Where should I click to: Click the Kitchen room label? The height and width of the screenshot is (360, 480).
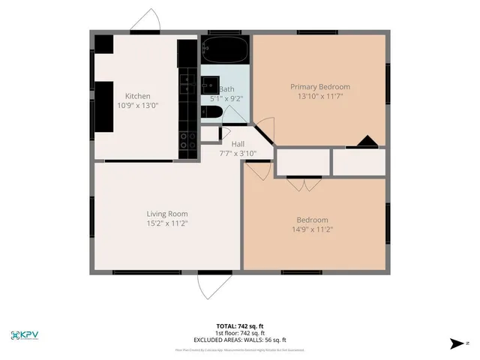coord(137,96)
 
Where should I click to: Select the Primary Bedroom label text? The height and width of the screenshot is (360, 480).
coord(320,86)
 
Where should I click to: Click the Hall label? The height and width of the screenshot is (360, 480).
coord(238,144)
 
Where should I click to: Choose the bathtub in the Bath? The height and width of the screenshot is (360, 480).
coord(225,50)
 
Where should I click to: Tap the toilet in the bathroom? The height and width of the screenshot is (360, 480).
coord(211,113)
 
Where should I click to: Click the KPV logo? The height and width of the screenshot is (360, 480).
coord(25,334)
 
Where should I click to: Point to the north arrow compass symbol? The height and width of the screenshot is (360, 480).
coord(457,343)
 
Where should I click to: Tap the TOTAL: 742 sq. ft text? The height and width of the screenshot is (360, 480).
coord(239,326)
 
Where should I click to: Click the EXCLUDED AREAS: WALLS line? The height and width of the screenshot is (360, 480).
coord(239,340)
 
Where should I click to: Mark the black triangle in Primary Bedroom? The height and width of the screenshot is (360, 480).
coord(367,141)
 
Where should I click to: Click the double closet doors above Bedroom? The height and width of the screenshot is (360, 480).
coord(303,183)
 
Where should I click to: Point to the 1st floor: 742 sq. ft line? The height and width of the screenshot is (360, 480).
coord(239,333)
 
